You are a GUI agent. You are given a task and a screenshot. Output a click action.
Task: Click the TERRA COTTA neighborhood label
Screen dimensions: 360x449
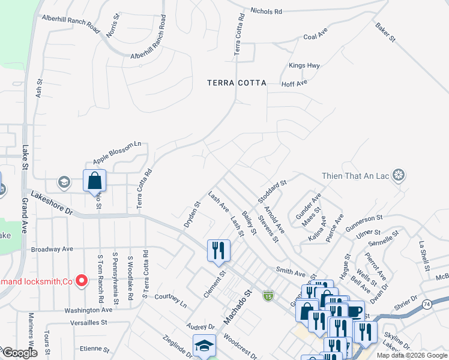coord(237,83)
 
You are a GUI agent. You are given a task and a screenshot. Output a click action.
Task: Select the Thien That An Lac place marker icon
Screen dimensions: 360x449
coord(398,176)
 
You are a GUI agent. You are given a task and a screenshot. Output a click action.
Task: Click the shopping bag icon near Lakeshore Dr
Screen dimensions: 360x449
coord(94,180)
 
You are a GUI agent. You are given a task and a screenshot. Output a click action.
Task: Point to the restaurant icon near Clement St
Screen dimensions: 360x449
coord(218,250)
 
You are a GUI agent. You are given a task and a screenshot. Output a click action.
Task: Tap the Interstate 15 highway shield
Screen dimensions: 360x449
coord(268,296)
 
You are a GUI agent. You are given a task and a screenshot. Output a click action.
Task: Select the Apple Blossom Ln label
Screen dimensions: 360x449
coord(116,153)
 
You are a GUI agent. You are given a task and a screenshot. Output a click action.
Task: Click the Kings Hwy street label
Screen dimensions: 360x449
coord(304,65)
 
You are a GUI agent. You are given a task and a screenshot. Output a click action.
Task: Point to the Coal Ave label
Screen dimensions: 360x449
coord(315,37)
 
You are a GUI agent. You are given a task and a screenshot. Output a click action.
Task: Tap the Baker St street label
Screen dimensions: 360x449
coord(385,32)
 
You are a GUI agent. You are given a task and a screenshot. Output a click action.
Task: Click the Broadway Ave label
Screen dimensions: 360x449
coord(52,248)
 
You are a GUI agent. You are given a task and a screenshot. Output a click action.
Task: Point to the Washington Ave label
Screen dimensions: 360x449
coord(88,310)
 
